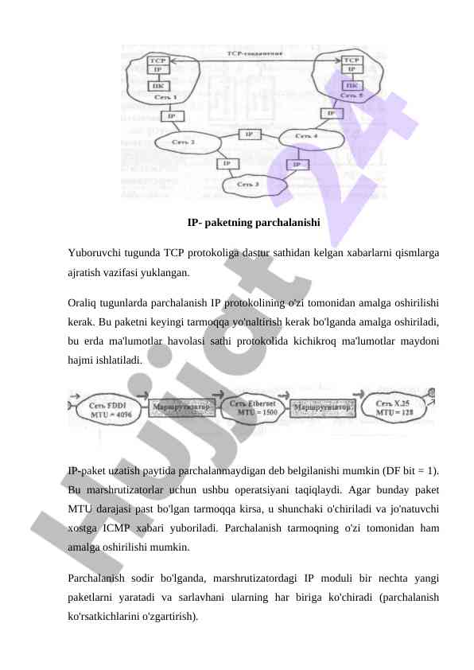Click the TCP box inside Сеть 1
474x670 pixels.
(x=157, y=60)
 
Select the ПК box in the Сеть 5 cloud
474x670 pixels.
(x=351, y=84)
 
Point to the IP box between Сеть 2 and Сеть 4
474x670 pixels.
(x=249, y=134)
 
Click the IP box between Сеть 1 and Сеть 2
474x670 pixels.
(x=170, y=116)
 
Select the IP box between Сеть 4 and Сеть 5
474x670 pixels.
(x=331, y=113)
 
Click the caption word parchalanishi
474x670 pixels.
(x=284, y=223)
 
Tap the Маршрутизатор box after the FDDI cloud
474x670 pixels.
(x=182, y=407)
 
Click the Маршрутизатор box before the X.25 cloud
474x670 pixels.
(x=322, y=408)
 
